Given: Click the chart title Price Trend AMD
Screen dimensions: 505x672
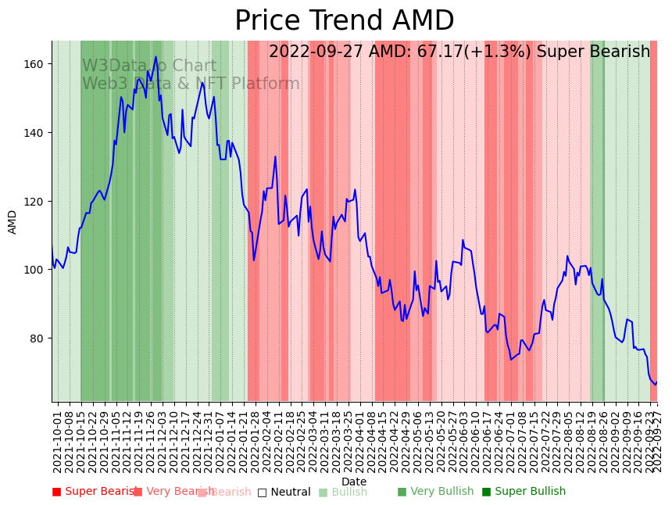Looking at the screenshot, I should [x=344, y=21].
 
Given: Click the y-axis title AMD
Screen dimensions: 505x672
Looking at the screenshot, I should [x=13, y=222].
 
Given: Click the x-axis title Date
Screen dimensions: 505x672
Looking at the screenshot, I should [x=354, y=482].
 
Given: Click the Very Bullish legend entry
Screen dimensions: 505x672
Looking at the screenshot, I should [x=435, y=492].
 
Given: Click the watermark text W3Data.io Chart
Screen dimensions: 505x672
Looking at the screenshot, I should [x=149, y=66].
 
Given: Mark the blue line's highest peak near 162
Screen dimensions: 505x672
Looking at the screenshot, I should [x=155, y=56].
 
